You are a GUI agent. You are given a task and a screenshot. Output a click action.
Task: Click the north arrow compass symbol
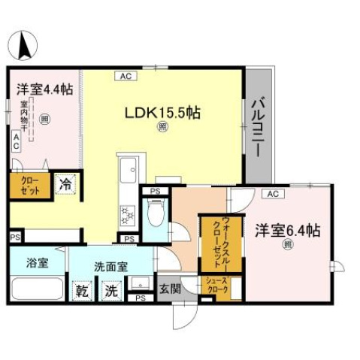(24, 44)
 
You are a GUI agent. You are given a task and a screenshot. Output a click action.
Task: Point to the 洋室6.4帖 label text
(287, 230)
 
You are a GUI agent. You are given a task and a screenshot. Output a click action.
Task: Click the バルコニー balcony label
(256, 126)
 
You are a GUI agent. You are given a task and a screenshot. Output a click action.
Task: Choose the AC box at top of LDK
(126, 75)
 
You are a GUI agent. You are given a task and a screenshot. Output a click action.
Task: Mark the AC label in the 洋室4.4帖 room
(17, 142)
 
